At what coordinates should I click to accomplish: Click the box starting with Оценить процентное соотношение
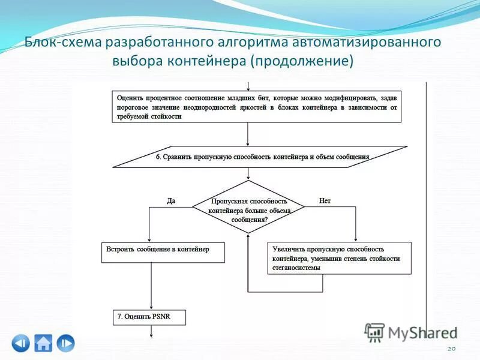[x=257, y=107]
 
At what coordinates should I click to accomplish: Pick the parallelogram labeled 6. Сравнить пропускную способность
[x=260, y=157]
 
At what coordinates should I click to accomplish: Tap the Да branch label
[x=171, y=201]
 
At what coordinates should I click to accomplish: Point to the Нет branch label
[x=325, y=201]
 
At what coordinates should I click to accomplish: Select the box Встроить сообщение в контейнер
[x=163, y=252]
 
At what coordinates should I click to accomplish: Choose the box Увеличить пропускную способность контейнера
[x=339, y=258]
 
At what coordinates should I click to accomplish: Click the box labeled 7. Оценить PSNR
[x=149, y=316]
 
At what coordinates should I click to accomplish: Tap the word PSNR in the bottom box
[x=161, y=316]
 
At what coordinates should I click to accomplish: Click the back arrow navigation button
[x=20, y=343]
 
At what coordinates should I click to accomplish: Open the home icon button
[x=43, y=343]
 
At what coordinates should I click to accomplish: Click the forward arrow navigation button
[x=66, y=343]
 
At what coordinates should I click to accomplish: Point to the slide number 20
[x=452, y=349]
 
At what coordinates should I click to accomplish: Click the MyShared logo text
[x=422, y=332]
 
